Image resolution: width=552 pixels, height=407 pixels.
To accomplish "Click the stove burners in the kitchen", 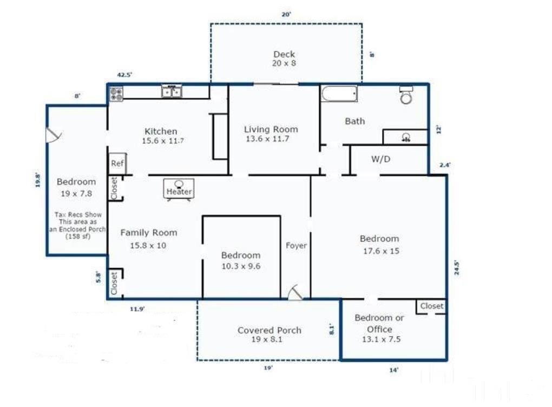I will [x=116, y=94].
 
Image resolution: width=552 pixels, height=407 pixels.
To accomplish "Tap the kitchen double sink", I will [x=172, y=92].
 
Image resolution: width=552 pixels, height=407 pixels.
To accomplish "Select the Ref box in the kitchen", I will [x=116, y=163].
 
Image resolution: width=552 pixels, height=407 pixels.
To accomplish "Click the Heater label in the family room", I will [x=179, y=192].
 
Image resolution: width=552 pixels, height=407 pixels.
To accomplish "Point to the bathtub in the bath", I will [x=339, y=95].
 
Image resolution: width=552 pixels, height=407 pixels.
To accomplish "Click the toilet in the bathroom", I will [x=406, y=96].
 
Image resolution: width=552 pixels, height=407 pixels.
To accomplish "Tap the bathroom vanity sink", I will [x=405, y=137].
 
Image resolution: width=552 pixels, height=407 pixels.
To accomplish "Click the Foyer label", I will [x=296, y=246].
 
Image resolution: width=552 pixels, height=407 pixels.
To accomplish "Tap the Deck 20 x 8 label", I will [x=284, y=58].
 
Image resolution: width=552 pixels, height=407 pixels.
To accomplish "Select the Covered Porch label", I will [x=270, y=330].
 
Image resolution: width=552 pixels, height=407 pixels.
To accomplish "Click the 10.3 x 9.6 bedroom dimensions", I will [x=241, y=266].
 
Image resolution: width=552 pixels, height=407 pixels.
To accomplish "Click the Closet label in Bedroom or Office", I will [x=431, y=306].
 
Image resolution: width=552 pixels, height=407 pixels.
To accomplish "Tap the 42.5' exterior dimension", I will [x=124, y=75].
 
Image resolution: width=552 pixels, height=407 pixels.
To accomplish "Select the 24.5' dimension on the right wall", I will [x=457, y=269].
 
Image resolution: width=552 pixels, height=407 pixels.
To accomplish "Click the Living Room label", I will [x=271, y=129].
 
